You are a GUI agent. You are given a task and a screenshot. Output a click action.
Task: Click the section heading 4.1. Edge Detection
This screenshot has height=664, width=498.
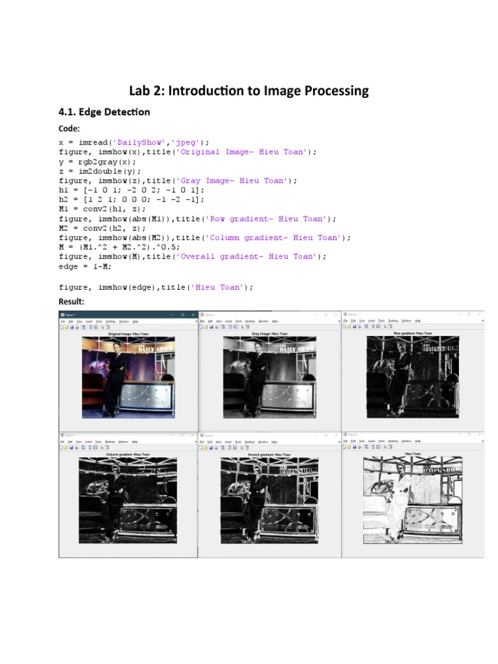[x=104, y=112]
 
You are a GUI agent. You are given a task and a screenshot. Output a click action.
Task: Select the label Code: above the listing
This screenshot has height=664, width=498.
[x=69, y=129]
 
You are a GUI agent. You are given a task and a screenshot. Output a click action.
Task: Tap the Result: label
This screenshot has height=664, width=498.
[x=72, y=302]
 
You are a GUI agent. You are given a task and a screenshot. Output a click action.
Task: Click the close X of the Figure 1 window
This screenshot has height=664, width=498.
[x=193, y=315]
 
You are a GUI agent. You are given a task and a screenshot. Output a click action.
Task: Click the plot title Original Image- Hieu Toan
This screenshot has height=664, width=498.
[x=128, y=334]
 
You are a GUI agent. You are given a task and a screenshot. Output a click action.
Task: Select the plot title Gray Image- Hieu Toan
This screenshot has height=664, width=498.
[x=269, y=334]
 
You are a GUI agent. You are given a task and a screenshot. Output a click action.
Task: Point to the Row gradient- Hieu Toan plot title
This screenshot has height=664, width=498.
[x=412, y=333]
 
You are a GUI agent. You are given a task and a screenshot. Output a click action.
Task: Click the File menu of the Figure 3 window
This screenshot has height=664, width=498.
[x=346, y=321]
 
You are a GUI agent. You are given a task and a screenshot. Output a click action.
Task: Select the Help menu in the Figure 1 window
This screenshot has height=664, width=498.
[x=136, y=321]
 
